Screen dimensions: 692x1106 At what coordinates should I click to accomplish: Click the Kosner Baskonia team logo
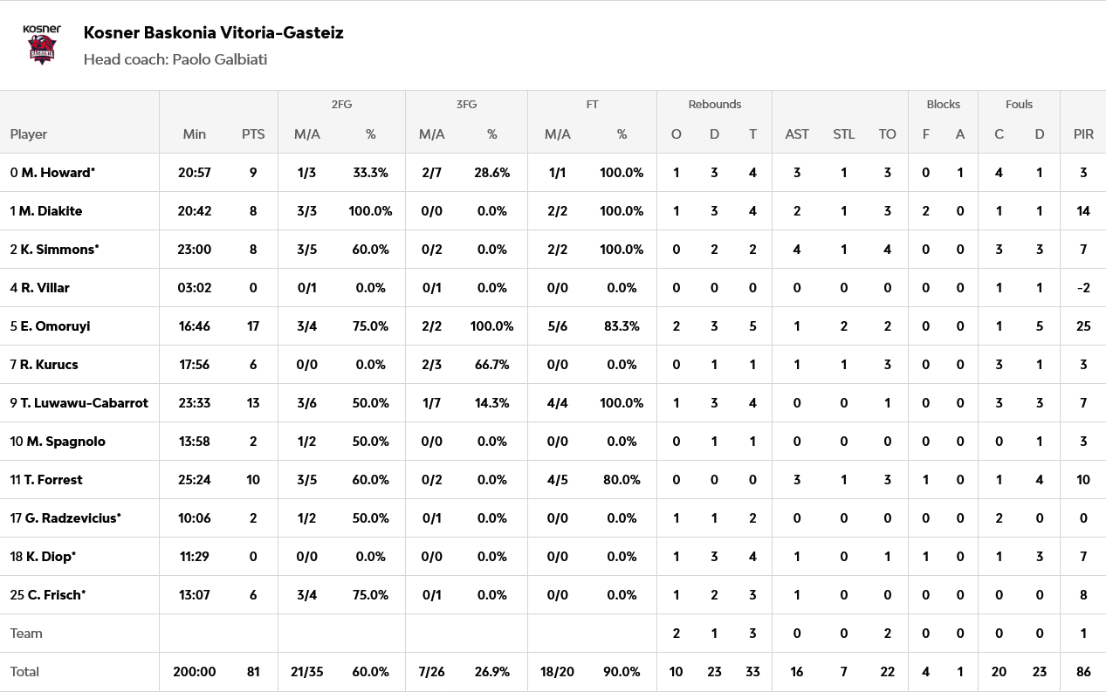point(42,45)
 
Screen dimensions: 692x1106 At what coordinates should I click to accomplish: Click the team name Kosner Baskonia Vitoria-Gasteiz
point(213,33)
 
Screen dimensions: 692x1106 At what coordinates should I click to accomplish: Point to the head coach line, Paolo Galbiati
point(175,59)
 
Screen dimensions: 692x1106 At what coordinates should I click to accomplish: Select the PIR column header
point(1083,134)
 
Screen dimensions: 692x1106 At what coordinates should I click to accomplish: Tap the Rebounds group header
point(714,104)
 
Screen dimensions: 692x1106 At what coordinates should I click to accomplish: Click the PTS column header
point(253,134)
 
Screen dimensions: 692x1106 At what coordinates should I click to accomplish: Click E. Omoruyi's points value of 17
point(253,326)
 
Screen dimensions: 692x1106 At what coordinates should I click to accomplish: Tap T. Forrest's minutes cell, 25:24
point(194,480)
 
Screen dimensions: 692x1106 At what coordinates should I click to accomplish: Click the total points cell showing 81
point(253,672)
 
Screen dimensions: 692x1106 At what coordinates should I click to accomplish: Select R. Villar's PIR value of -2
point(1083,288)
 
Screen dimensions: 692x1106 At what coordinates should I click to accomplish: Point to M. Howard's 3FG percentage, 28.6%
point(492,173)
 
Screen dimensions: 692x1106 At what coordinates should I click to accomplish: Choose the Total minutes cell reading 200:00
point(194,672)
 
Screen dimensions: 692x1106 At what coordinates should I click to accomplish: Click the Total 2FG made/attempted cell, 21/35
point(306,672)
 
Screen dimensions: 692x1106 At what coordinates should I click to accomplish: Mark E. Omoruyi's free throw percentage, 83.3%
point(622,326)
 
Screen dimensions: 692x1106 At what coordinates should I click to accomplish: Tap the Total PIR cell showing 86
point(1083,672)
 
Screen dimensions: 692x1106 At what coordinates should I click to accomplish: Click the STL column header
point(843,134)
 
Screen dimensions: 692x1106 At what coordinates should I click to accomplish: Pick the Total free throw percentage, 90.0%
point(622,672)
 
